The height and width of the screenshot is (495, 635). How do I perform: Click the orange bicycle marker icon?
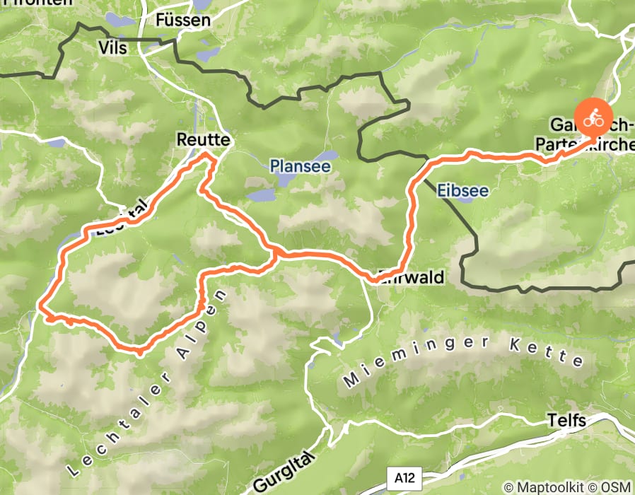coord(593,117)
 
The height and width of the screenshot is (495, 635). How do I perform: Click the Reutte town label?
coord(204,140)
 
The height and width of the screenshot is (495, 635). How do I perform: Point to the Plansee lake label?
coord(300,166)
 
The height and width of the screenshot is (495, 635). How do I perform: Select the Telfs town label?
coord(566,421)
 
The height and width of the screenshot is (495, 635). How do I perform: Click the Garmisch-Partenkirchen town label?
coord(591,135)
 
